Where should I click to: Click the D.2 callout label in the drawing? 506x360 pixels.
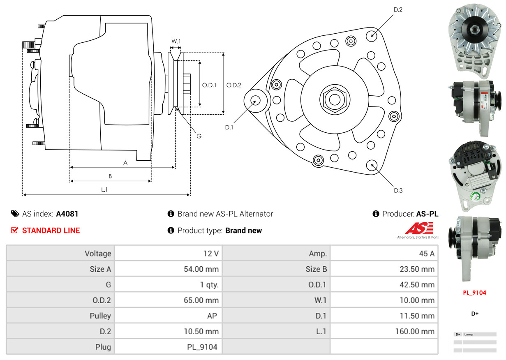coord(397,9)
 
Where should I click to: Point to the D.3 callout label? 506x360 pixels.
coord(398,190)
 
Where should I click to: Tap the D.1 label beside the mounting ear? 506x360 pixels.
coord(229,127)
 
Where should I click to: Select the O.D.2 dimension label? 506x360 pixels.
coord(234,85)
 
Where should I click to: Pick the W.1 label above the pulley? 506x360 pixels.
coord(176,41)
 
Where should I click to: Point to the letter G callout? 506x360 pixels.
coord(199,136)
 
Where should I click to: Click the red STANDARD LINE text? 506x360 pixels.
coord(51,231)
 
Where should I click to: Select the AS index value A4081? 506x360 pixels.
coord(67,214)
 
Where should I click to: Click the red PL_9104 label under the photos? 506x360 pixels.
coord(474,293)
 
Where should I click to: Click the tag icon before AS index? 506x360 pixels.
coord(15,214)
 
